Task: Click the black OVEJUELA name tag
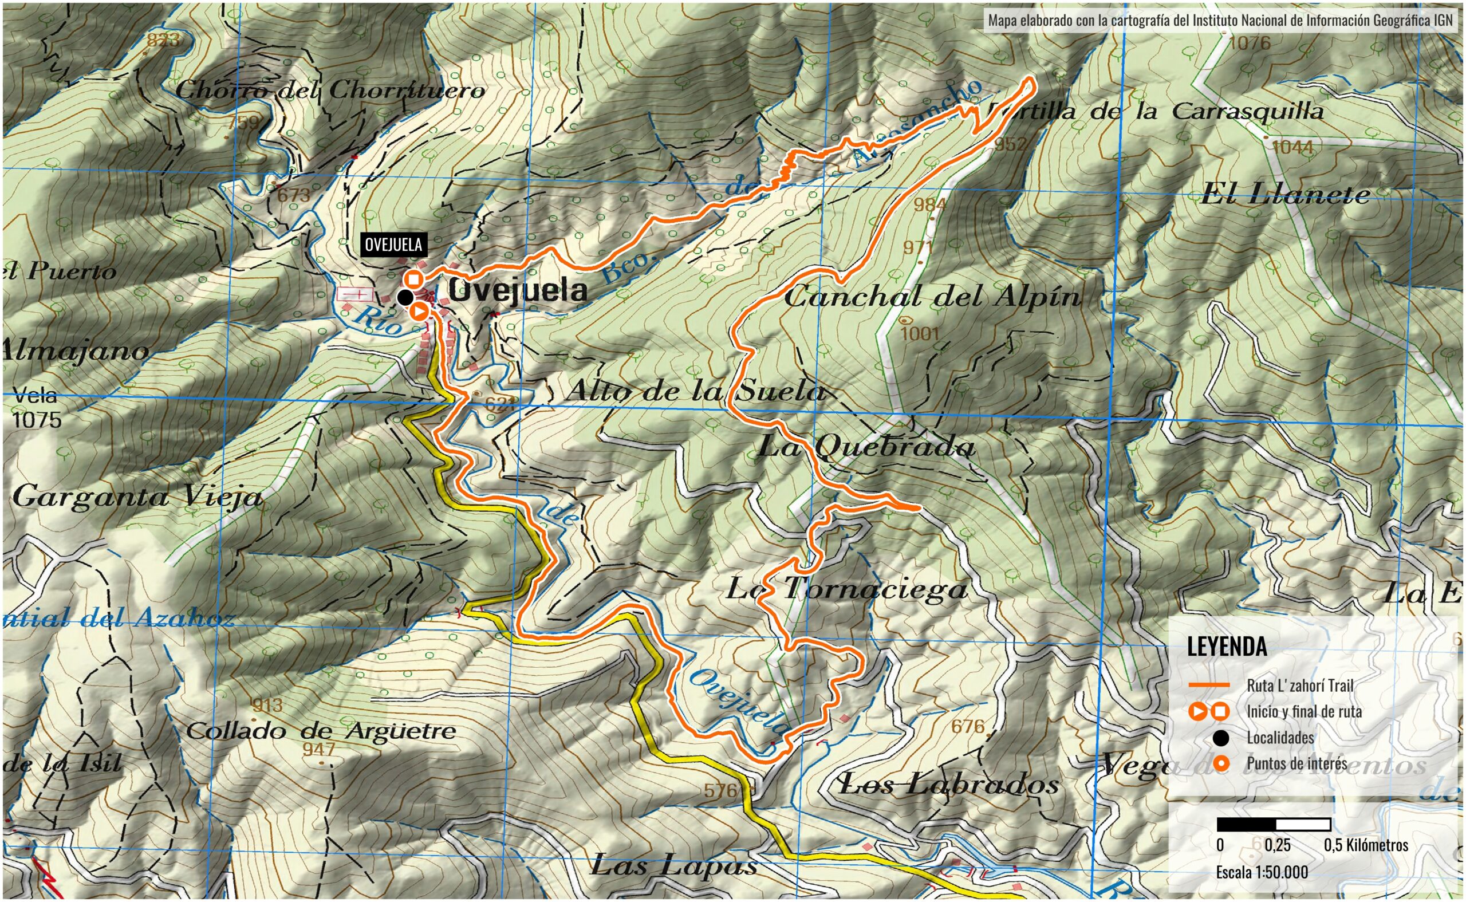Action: (393, 245)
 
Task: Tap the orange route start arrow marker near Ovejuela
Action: (419, 312)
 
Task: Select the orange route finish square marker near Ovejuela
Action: (414, 279)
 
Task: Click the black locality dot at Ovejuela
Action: (405, 297)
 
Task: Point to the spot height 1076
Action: (1250, 43)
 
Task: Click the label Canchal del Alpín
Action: (932, 297)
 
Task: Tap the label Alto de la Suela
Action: (695, 391)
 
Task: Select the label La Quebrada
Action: (866, 446)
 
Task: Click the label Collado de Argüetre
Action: (321, 731)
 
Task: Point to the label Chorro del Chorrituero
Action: (330, 90)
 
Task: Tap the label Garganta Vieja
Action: (137, 497)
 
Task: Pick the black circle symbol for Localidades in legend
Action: (1221, 738)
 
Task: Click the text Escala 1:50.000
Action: (1262, 872)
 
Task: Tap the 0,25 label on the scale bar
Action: (1278, 845)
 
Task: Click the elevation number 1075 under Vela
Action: (37, 420)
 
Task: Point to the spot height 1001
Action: (919, 333)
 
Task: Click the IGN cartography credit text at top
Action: (1220, 20)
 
